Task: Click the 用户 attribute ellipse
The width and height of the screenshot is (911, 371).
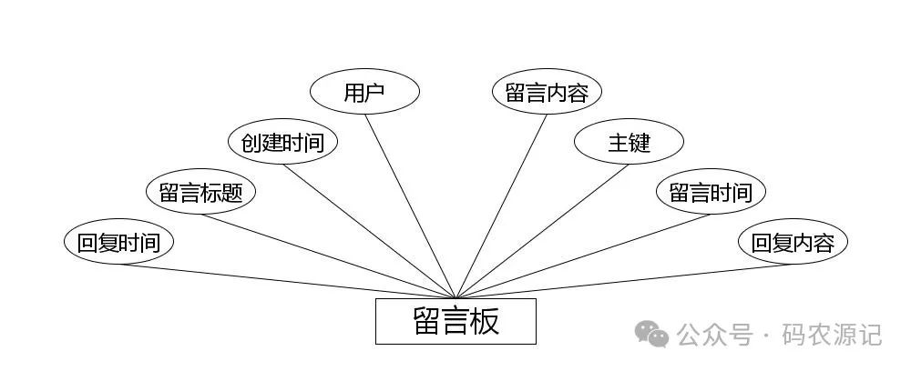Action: click(364, 93)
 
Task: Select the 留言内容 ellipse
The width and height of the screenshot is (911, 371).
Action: click(547, 93)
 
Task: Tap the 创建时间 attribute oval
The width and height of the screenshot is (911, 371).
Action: click(282, 143)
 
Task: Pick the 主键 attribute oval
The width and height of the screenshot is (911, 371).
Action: click(629, 143)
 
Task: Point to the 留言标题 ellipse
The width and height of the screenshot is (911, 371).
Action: click(200, 193)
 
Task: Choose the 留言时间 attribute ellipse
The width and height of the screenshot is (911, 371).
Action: click(711, 193)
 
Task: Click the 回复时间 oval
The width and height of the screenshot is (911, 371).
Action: click(118, 243)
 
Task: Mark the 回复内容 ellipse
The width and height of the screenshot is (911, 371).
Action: click(793, 243)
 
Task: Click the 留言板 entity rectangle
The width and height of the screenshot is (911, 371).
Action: click(455, 321)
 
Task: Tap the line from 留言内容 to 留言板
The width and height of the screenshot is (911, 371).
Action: click(501, 206)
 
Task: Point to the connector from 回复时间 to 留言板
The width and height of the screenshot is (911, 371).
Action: click(287, 280)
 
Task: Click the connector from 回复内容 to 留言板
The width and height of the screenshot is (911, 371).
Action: click(624, 280)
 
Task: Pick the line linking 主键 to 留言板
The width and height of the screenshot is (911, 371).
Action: click(542, 231)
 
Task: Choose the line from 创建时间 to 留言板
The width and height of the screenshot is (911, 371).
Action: click(369, 231)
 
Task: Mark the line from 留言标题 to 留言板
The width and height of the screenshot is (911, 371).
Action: click(328, 256)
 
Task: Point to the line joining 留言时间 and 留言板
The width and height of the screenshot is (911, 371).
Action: click(583, 256)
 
